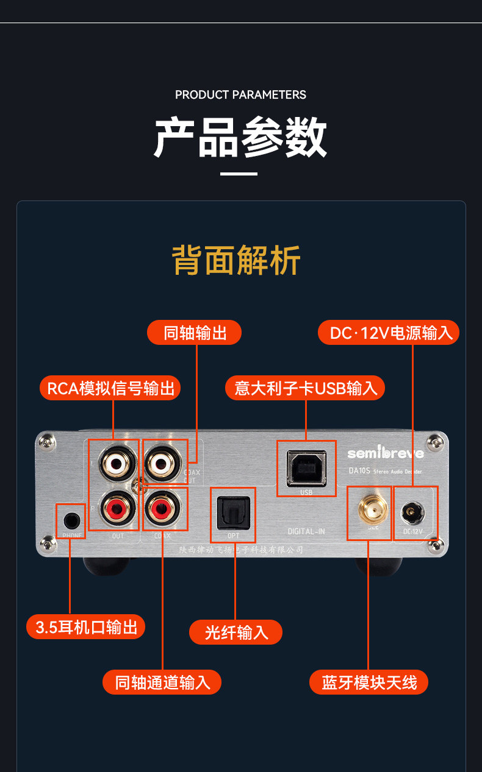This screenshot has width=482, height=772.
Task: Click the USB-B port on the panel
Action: tap(306, 468)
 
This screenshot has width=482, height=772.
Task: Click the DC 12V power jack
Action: tap(413, 513)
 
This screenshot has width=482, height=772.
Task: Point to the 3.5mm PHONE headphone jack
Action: tap(71, 520)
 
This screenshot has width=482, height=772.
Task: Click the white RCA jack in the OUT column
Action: tap(115, 463)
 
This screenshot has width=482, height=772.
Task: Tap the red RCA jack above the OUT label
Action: tap(115, 506)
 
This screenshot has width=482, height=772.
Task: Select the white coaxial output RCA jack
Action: tap(164, 463)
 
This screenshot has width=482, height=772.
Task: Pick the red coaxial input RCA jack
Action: tap(164, 506)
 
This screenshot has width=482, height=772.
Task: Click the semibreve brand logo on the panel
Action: tap(385, 453)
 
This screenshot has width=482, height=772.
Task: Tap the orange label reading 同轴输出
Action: tap(195, 333)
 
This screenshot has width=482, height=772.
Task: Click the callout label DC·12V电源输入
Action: tap(389, 333)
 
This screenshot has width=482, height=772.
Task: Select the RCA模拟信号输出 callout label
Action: tap(110, 388)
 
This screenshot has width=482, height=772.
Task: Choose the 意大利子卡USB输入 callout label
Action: tap(306, 388)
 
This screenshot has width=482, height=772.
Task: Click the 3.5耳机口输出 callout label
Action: tap(86, 627)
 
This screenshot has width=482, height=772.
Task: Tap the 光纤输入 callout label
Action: tap(236, 632)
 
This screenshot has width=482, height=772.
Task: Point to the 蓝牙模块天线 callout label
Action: tap(369, 682)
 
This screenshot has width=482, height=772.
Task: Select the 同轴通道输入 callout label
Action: tap(162, 682)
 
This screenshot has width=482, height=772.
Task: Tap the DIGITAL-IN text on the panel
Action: tap(306, 531)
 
